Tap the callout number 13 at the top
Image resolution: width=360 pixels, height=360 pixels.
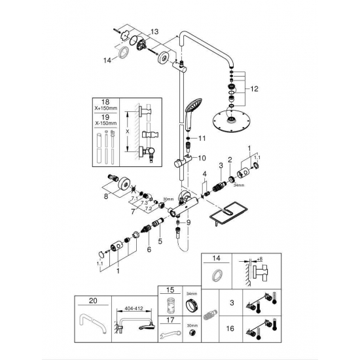154,31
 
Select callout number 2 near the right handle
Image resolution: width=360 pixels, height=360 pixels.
230,160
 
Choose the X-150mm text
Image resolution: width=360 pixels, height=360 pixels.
107,124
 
